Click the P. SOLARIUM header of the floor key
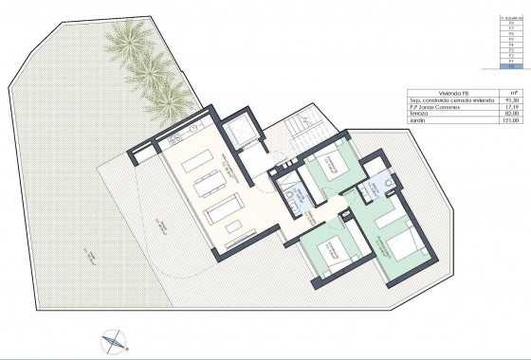coord(512,16)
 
